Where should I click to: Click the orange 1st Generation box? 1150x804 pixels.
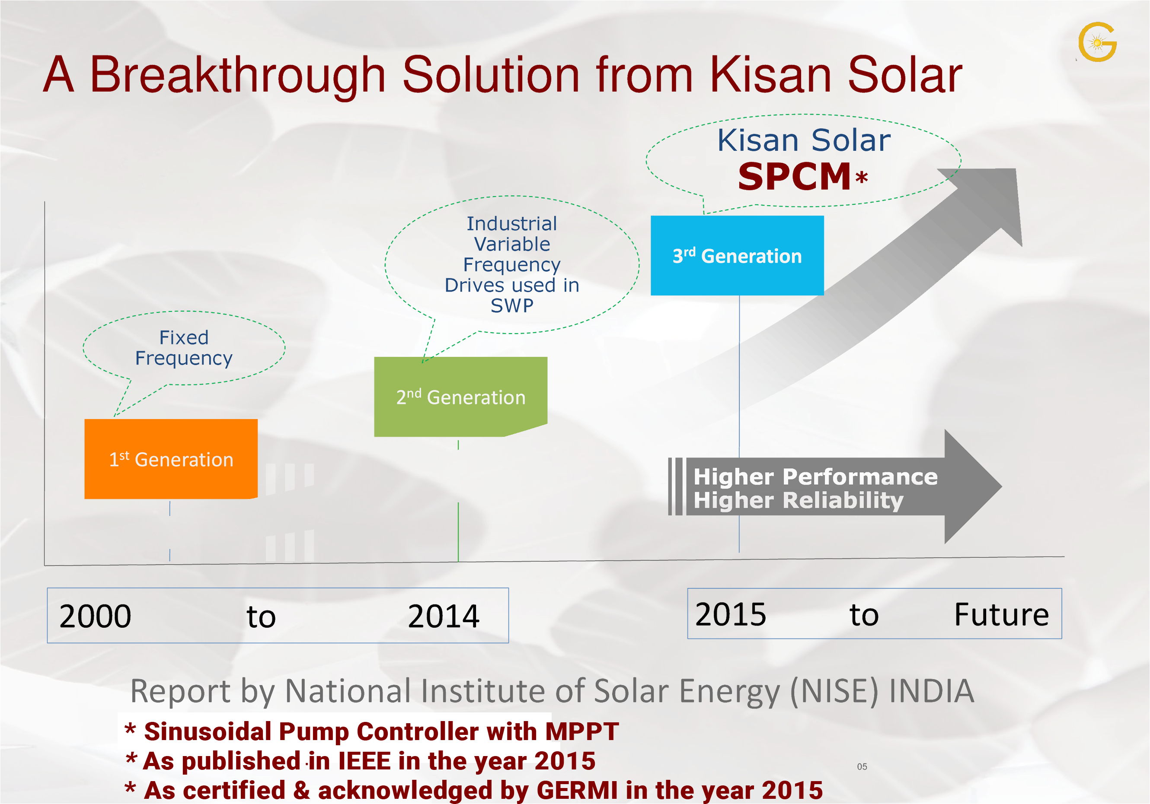click(x=171, y=458)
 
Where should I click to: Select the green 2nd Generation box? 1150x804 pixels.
click(x=460, y=397)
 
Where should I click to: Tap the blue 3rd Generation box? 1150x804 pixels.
click(x=737, y=255)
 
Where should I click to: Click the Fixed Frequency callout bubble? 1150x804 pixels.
click(x=184, y=348)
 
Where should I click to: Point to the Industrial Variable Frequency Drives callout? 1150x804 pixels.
click(x=512, y=264)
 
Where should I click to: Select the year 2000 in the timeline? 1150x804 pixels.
click(x=95, y=616)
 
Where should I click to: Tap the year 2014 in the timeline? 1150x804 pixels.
click(x=443, y=616)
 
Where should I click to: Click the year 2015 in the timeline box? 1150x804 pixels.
click(x=730, y=614)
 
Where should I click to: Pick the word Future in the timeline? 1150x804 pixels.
click(x=1001, y=614)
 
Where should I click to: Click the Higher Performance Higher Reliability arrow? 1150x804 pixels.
click(x=835, y=486)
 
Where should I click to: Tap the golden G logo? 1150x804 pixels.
click(x=1097, y=42)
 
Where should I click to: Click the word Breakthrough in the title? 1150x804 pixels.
click(x=237, y=75)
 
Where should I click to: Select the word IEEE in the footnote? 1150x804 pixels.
click(x=364, y=761)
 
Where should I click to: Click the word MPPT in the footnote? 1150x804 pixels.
click(x=582, y=731)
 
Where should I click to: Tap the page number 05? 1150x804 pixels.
click(x=862, y=766)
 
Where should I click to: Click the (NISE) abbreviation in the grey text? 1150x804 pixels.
click(x=834, y=691)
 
